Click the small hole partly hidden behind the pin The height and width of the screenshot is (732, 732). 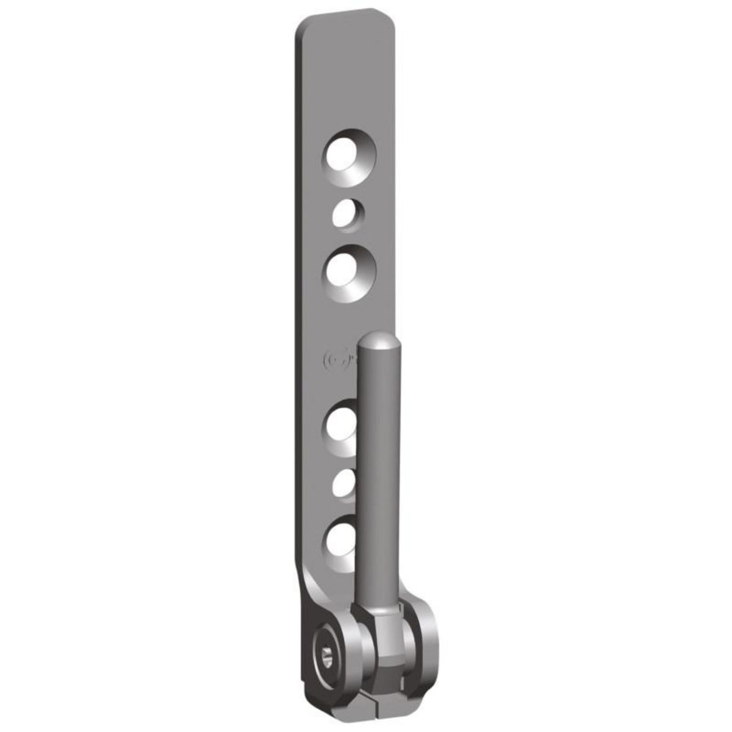(x=345, y=483)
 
